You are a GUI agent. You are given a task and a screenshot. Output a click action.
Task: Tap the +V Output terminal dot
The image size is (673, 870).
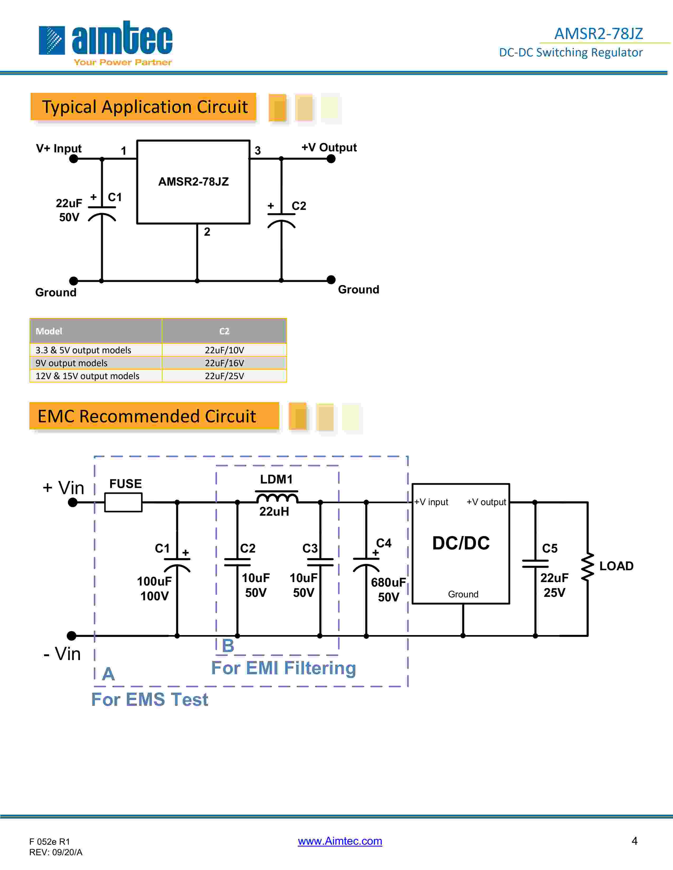pyautogui.click(x=331, y=159)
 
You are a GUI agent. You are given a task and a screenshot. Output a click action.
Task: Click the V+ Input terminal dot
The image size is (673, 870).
pyautogui.click(x=74, y=159)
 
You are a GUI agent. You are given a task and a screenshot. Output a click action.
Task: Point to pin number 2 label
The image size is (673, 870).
pyautogui.click(x=207, y=232)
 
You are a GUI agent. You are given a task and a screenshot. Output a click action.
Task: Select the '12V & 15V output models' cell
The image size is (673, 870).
pyautogui.click(x=87, y=376)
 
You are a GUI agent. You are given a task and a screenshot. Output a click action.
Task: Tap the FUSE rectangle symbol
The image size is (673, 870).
pyautogui.click(x=123, y=502)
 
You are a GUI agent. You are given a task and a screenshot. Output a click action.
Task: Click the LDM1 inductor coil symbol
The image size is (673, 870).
pyautogui.click(x=277, y=498)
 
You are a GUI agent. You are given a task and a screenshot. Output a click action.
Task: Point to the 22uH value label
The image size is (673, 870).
pyautogui.click(x=274, y=511)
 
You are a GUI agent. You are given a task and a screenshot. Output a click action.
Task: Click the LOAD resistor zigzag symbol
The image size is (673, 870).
pyautogui.click(x=587, y=566)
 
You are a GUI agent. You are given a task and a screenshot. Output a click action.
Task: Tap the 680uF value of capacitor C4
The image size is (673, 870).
pyautogui.click(x=388, y=582)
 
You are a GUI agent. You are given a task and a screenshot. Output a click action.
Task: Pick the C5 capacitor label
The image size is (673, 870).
pyautogui.click(x=549, y=549)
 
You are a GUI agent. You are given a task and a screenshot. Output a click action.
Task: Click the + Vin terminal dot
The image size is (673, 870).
pyautogui.click(x=73, y=503)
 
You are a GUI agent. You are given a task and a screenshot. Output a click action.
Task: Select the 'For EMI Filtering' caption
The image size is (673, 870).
pyautogui.click(x=283, y=668)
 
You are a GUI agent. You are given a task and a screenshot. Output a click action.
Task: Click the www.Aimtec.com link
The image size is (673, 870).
pyautogui.click(x=340, y=841)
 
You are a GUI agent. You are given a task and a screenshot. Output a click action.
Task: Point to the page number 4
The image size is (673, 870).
pyautogui.click(x=634, y=840)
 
